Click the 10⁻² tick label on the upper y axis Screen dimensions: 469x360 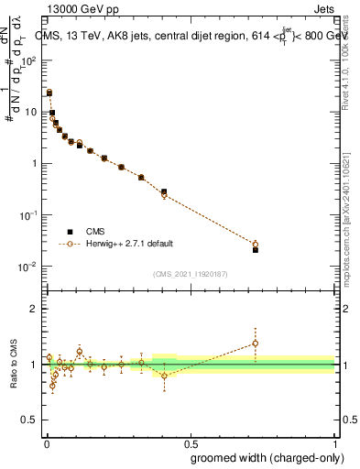[x=28, y=267]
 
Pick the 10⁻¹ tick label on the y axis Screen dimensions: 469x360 [x=28, y=215]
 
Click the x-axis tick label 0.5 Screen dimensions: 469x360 [x=190, y=439]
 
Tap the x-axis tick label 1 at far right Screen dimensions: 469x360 [x=334, y=439]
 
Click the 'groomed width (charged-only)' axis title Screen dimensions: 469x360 [x=263, y=455]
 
